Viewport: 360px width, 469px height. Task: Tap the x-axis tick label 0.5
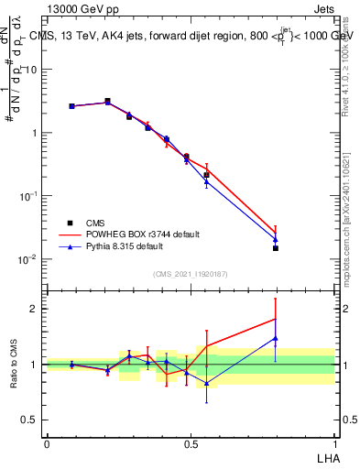(191, 443)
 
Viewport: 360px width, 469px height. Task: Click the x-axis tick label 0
(47, 443)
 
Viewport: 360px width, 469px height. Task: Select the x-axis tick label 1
(334, 443)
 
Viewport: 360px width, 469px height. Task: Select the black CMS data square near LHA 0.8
(276, 248)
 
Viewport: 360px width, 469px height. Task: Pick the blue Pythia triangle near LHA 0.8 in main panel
(276, 240)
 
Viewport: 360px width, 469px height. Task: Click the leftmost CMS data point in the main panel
(71, 106)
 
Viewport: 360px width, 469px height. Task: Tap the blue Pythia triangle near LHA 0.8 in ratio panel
(276, 338)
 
